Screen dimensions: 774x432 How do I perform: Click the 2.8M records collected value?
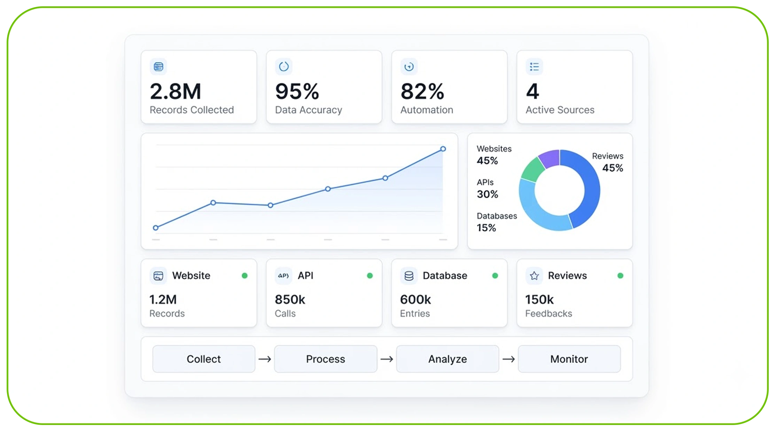pyautogui.click(x=175, y=91)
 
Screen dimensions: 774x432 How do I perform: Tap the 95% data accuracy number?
pyautogui.click(x=297, y=91)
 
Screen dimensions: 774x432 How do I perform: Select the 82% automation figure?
pyautogui.click(x=422, y=91)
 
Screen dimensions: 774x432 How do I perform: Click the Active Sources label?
pyautogui.click(x=560, y=110)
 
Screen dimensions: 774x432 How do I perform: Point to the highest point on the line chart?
pyautogui.click(x=443, y=149)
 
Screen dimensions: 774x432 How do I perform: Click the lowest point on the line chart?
pyautogui.click(x=156, y=228)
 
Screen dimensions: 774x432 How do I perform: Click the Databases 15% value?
pyautogui.click(x=486, y=228)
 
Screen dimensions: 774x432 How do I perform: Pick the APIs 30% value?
pyautogui.click(x=487, y=194)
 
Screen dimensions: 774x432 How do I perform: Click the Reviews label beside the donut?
pyautogui.click(x=608, y=156)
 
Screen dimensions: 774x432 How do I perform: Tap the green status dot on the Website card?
pyautogui.click(x=245, y=276)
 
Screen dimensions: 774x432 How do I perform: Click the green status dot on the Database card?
pyautogui.click(x=495, y=276)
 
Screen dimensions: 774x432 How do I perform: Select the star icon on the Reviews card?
pyautogui.click(x=534, y=276)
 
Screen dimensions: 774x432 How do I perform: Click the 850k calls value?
pyautogui.click(x=290, y=299)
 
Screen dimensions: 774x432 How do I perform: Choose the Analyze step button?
pyautogui.click(x=447, y=359)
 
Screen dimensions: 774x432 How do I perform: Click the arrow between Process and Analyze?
pyautogui.click(x=386, y=359)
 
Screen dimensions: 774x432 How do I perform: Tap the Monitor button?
pyautogui.click(x=569, y=359)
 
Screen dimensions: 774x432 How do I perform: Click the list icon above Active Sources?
pyautogui.click(x=534, y=67)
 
